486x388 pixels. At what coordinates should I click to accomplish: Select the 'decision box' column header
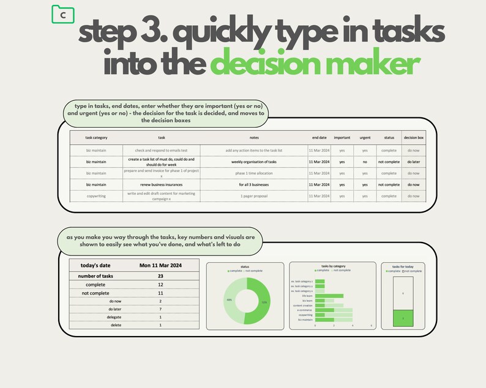pos(413,137)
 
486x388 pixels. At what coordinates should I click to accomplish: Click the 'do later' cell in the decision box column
pos(413,162)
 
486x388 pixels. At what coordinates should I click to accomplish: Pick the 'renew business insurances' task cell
pos(161,184)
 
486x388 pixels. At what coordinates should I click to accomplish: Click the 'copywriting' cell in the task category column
pos(96,196)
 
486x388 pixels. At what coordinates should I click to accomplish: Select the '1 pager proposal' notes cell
pos(254,196)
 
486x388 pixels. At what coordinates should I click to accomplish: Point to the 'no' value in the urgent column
pos(365,162)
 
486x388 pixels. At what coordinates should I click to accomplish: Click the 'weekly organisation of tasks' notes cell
pos(254,162)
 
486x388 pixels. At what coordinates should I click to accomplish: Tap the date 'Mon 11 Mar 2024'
pos(160,266)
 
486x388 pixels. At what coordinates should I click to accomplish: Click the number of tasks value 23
pos(160,276)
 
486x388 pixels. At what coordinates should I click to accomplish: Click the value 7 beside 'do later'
pos(160,309)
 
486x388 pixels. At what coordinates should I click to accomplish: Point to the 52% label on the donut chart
pos(264,302)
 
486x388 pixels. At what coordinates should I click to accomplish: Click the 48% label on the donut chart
pos(229,300)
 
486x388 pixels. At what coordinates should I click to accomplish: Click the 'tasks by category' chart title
pos(333,266)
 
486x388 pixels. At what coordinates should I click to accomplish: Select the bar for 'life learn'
pos(329,296)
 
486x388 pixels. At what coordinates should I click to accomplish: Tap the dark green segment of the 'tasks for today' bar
pos(402,318)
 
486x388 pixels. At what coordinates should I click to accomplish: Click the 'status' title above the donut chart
pos(245,266)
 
